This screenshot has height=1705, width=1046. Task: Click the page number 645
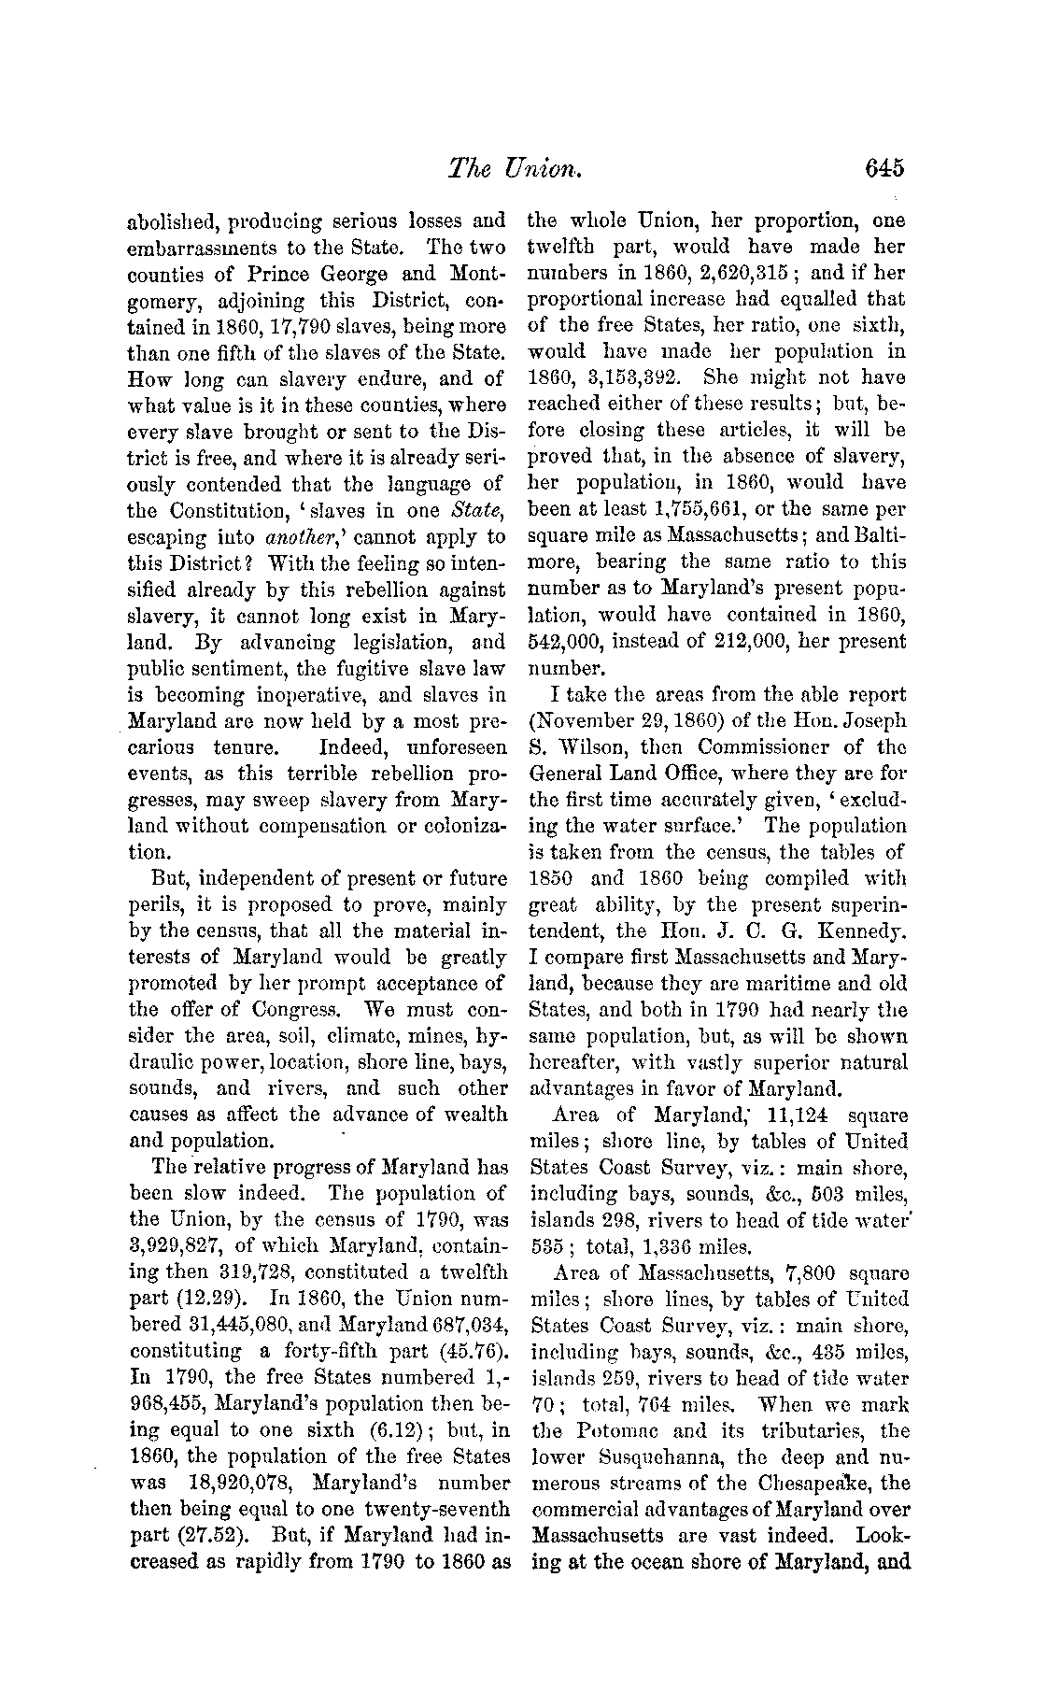[884, 167]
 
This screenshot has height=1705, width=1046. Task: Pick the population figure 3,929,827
[175, 1246]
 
